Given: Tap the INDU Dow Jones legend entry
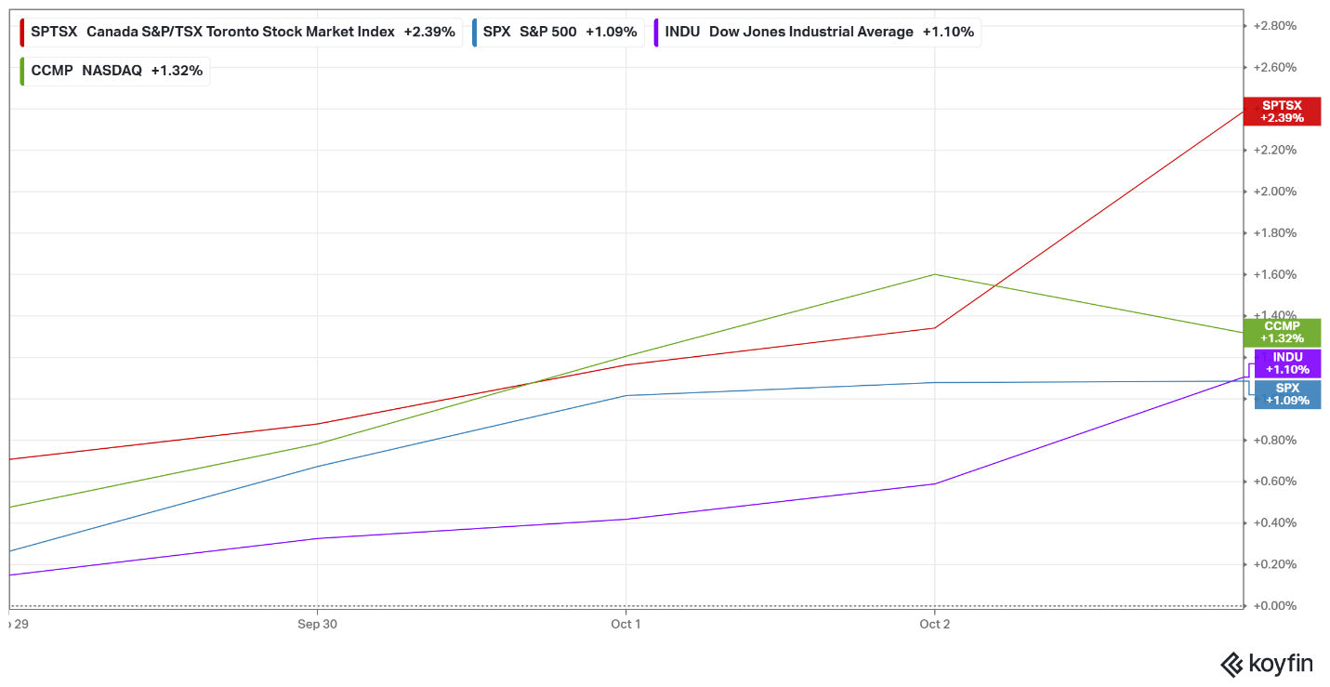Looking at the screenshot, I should point(818,32).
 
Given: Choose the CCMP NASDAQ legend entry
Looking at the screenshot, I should point(115,71).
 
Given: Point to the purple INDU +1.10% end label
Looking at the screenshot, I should point(1287,363).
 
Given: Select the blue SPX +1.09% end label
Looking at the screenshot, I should point(1287,394).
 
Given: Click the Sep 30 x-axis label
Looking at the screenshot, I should point(317,625).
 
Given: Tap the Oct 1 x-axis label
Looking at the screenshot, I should point(625,625).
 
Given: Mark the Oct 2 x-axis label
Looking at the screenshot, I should point(934,625).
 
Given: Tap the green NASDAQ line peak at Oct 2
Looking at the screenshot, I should point(934,274).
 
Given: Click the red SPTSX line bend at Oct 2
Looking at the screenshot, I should point(934,327).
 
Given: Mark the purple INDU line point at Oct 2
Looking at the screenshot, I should point(934,483).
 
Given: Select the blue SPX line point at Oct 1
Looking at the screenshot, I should point(625,395).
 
